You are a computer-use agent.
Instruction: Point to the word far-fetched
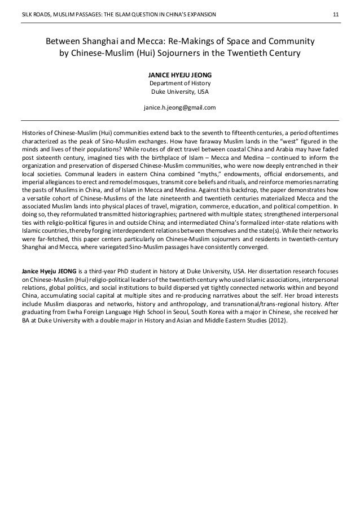(x=51, y=238)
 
